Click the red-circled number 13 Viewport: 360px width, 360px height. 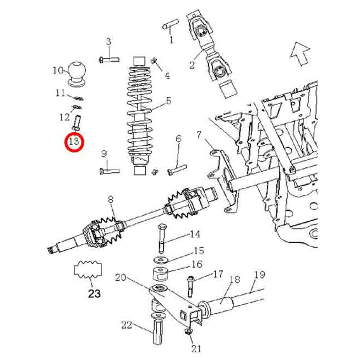pos(75,141)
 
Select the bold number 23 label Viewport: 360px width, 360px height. pos(94,293)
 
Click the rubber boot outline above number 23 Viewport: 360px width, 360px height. pos(88,270)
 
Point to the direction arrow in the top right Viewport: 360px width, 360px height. pos(300,54)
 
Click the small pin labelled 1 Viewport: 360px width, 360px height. pos(171,24)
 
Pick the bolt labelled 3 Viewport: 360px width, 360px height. pos(110,59)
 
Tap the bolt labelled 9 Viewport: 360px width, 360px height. pos(110,171)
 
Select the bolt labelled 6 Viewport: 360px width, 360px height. pos(177,169)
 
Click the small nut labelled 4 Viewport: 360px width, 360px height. pos(154,61)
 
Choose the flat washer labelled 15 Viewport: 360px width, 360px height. pos(161,260)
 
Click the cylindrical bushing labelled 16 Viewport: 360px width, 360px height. pos(161,274)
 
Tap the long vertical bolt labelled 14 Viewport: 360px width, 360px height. pos(161,238)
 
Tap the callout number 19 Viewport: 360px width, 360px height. pos(260,274)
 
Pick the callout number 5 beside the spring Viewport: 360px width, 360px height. pos(169,101)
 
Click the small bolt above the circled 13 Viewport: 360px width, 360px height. pos(77,122)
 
